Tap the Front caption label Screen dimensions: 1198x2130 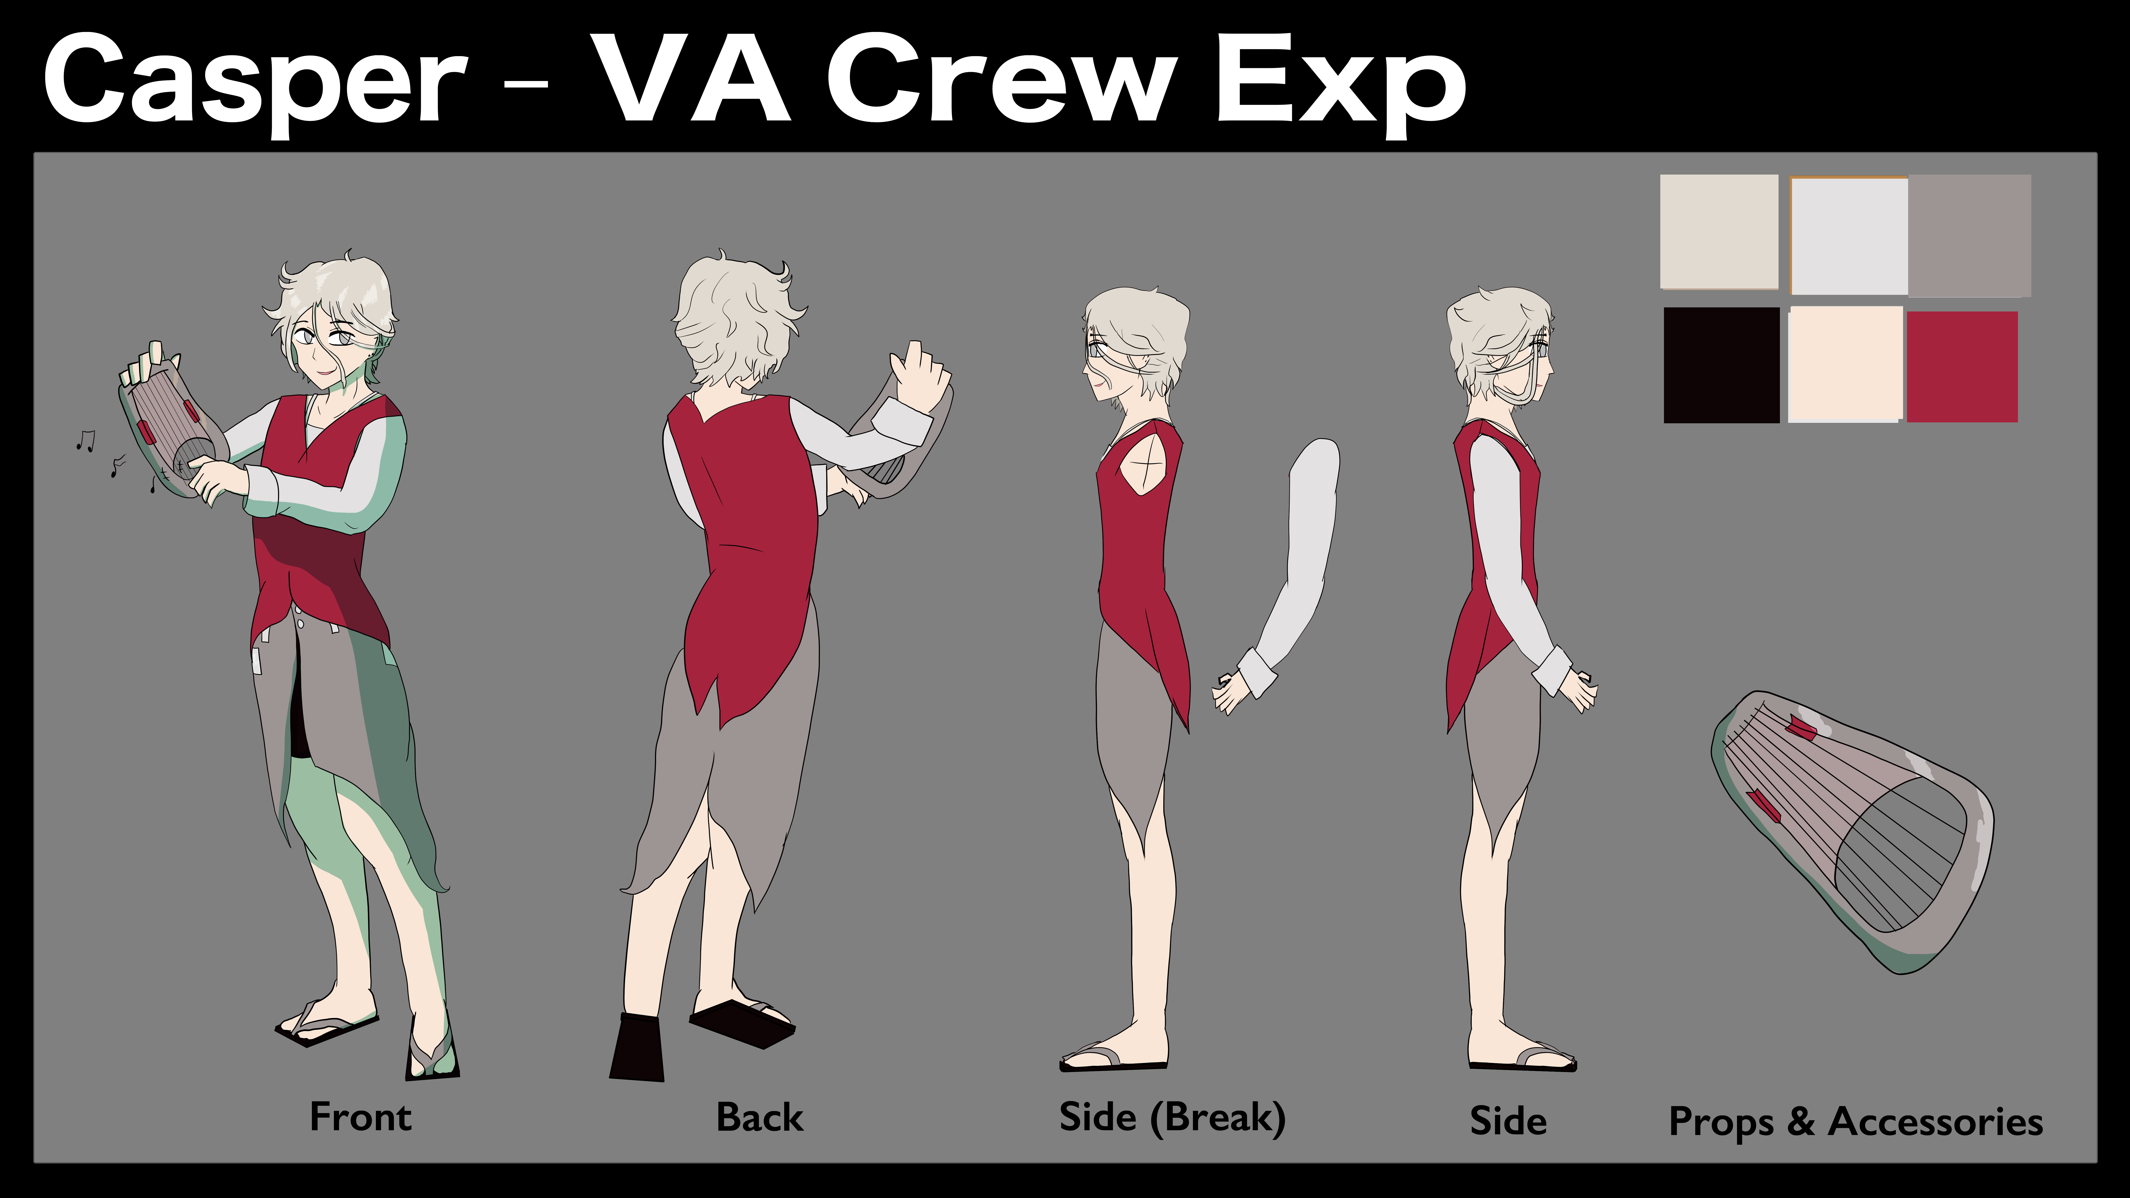pyautogui.click(x=361, y=1117)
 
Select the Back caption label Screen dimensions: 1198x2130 pyautogui.click(x=759, y=1117)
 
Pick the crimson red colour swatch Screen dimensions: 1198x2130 pyautogui.click(x=1961, y=366)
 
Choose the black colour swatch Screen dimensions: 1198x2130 pyautogui.click(x=1721, y=365)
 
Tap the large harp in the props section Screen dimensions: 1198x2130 pyautogui.click(x=1852, y=831)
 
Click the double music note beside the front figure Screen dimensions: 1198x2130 pyautogui.click(x=85, y=441)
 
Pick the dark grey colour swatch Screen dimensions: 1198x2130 pyautogui.click(x=1969, y=236)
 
